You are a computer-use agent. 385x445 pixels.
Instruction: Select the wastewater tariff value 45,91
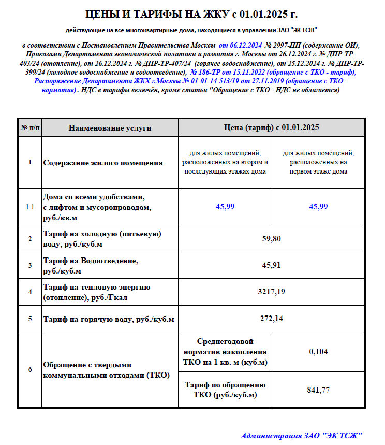[271, 265]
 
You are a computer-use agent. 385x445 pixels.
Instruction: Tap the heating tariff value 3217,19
[271, 292]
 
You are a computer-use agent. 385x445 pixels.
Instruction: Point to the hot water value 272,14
[271, 318]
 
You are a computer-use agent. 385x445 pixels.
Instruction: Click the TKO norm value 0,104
[318, 352]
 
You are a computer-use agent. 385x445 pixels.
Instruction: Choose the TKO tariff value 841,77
[318, 390]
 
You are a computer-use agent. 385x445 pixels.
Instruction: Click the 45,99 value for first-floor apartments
[318, 206]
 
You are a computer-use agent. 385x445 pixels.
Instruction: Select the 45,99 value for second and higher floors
[225, 206]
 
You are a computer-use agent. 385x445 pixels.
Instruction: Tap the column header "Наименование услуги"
[110, 127]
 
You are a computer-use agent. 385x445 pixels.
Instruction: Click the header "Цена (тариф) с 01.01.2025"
[271, 127]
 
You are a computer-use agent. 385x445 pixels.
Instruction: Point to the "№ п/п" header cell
[29, 127]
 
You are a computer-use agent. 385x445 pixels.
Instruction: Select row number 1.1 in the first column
[29, 207]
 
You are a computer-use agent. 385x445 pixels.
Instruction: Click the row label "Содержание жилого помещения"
[103, 163]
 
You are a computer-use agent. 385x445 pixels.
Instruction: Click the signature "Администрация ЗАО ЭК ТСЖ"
[302, 435]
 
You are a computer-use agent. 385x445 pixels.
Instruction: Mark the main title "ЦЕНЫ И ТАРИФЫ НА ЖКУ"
[192, 13]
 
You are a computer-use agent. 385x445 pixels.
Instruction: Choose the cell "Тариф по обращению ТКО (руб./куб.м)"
[225, 390]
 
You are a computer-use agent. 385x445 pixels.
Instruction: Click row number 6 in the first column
[29, 370]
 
